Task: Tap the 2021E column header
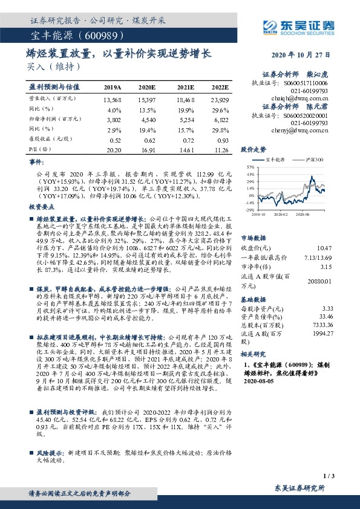click(185, 87)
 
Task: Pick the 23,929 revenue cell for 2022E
click(220, 99)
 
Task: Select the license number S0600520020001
click(307, 115)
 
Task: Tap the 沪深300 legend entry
click(311, 159)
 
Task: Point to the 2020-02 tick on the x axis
click(281, 213)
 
